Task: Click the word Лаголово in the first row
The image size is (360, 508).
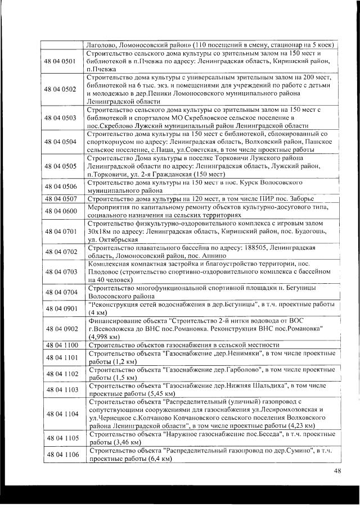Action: [101, 44]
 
